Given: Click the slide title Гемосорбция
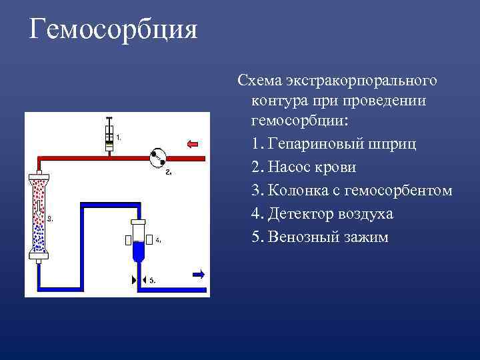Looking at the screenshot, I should (114, 30).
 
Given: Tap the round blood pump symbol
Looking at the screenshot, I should (158, 158).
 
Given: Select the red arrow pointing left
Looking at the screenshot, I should (193, 143).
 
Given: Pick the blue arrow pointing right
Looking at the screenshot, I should (198, 273).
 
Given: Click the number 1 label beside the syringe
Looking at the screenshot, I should (119, 137).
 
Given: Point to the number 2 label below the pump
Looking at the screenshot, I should (168, 173).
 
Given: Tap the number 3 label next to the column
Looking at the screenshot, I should (51, 218).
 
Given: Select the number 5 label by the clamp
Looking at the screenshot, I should (152, 281).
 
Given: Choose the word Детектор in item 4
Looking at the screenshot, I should (301, 214).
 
